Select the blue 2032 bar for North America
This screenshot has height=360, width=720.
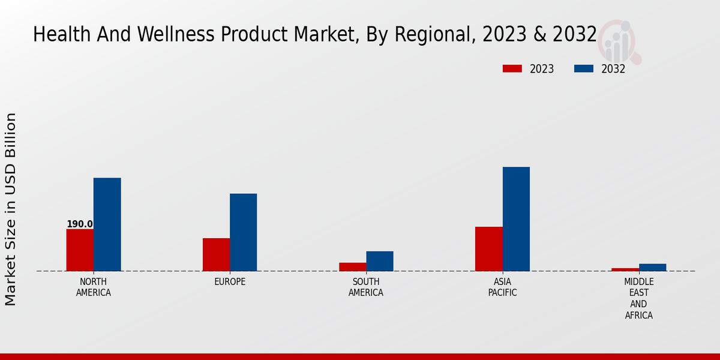click(107, 224)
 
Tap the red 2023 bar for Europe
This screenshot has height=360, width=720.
click(216, 254)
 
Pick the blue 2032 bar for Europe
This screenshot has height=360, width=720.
click(243, 232)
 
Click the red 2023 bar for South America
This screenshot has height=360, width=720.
click(352, 267)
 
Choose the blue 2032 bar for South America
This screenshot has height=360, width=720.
click(380, 261)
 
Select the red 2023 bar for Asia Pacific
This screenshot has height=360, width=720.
click(488, 249)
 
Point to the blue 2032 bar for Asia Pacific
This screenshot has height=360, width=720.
click(516, 219)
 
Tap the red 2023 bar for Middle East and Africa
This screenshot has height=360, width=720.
click(625, 269)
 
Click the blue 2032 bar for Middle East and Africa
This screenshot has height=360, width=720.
click(652, 268)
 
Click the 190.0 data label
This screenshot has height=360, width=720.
click(80, 224)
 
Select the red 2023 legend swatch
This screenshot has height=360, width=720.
click(512, 69)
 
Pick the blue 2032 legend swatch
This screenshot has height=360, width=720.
click(584, 69)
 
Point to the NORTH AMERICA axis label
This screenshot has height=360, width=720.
click(94, 287)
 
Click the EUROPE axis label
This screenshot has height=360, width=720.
click(230, 282)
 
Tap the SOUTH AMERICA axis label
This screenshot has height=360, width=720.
click(366, 287)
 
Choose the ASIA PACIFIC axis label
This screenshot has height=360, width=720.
click(502, 287)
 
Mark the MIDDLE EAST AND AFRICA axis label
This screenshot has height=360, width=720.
click(639, 298)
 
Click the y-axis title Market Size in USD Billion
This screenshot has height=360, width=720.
click(11, 209)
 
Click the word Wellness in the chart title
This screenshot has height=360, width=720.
click(177, 35)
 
